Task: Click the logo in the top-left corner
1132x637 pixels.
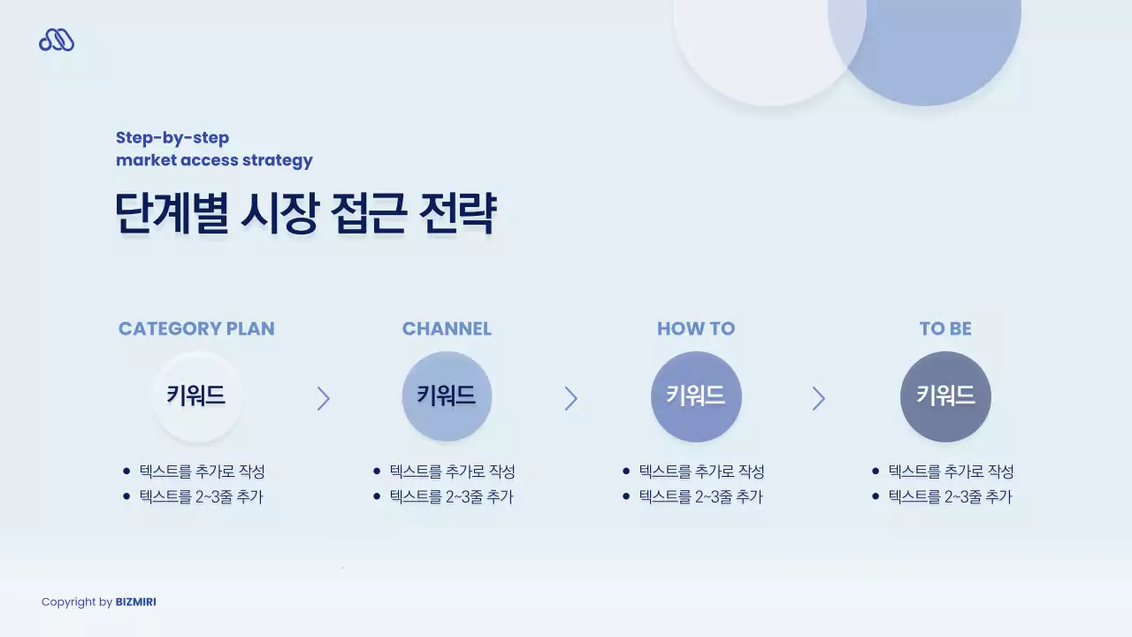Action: tap(57, 40)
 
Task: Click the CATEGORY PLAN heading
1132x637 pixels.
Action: tap(196, 329)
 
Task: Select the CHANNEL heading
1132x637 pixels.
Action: tap(447, 329)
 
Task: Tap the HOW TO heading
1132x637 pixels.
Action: tap(696, 329)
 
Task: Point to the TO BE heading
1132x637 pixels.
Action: tap(945, 329)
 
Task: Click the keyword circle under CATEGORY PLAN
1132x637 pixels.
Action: tap(196, 395)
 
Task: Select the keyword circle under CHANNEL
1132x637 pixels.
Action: tap(447, 395)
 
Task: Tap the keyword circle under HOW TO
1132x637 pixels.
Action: tap(696, 395)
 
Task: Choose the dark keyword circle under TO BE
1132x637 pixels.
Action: tap(945, 395)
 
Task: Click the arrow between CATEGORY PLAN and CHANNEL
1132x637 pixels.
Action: tap(323, 399)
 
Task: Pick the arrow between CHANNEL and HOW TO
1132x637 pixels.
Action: tap(570, 399)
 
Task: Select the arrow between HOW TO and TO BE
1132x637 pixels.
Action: tap(818, 399)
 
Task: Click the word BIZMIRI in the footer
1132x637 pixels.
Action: tap(135, 602)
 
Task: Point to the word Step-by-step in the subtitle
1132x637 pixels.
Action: tap(172, 138)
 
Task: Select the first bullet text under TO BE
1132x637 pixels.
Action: tap(951, 472)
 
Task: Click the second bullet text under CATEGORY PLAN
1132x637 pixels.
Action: tap(201, 497)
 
